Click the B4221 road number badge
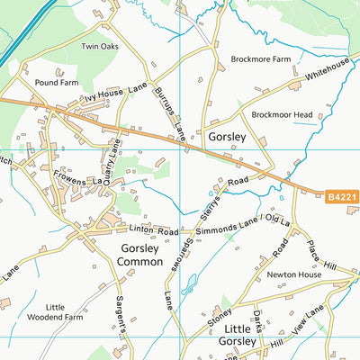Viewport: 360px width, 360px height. (341, 196)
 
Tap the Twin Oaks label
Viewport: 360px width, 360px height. (100, 47)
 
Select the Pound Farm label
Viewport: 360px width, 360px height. (56, 82)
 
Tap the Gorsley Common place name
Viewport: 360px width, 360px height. (139, 254)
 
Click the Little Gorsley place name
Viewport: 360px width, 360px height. (241, 335)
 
